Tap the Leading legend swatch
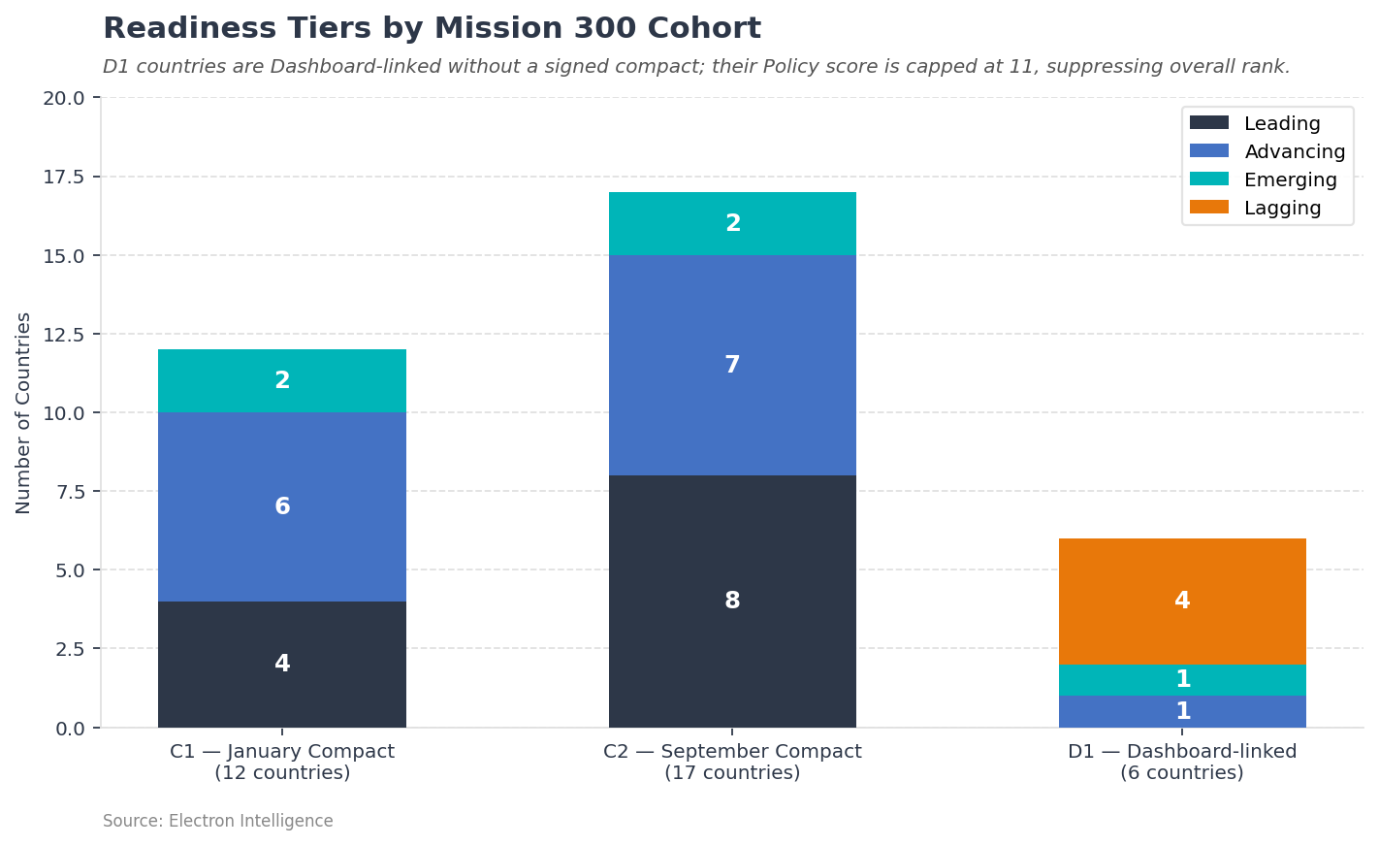(x=1208, y=124)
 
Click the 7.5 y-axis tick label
(x=70, y=492)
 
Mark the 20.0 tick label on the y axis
(x=64, y=98)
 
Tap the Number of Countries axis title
(x=24, y=412)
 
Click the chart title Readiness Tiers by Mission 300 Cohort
(x=432, y=29)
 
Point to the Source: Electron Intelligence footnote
(x=218, y=822)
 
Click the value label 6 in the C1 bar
(x=282, y=507)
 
